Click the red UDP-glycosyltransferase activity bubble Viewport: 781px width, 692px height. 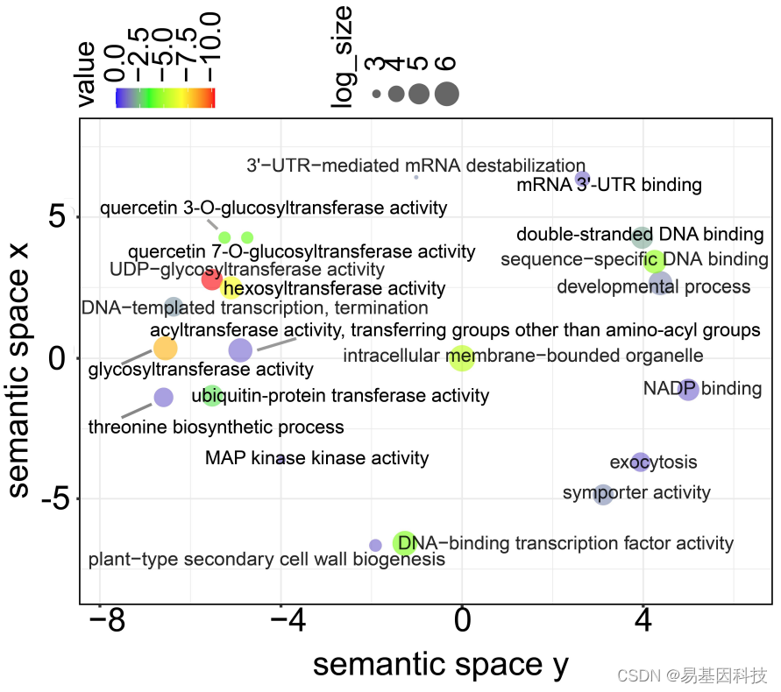[211, 279]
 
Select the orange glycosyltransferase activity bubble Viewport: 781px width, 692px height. [165, 349]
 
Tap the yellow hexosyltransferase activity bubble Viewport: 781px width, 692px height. [231, 287]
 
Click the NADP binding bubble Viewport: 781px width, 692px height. [689, 390]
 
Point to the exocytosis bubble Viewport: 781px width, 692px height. [641, 462]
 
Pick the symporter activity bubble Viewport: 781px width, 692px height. [603, 494]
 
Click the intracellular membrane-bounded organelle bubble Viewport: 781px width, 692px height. [461, 357]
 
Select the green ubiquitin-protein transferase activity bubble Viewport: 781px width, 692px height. [212, 396]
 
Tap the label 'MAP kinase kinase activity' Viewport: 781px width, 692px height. [316, 458]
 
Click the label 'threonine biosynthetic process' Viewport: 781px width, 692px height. [217, 427]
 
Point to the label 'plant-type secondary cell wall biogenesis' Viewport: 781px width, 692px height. [266, 559]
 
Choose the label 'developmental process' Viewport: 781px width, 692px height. [654, 287]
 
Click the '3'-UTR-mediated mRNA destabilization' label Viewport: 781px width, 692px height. [415, 166]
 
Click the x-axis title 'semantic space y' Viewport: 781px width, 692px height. [441, 664]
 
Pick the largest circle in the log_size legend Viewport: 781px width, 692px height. [446, 93]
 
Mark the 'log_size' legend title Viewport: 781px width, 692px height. [343, 56]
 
